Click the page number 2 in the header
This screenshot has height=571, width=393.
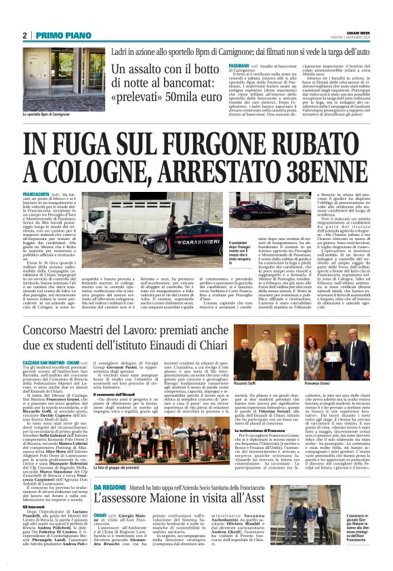(25, 36)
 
